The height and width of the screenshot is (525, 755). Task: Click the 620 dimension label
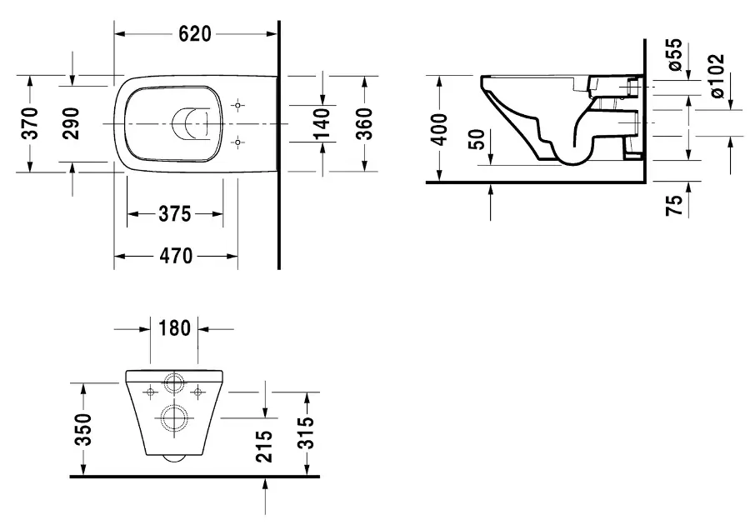(194, 33)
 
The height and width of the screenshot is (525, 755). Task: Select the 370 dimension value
(30, 124)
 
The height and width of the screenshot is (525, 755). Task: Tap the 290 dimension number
(72, 124)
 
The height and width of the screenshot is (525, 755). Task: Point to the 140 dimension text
(321, 124)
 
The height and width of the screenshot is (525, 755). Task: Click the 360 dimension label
(364, 124)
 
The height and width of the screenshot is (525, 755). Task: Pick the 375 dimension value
(175, 214)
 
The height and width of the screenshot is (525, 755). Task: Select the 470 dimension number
(176, 256)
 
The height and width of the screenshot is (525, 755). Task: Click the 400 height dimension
(439, 129)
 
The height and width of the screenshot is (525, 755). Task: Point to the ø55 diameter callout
(675, 54)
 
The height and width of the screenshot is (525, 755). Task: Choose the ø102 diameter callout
(716, 76)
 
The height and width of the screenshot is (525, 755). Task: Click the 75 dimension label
(674, 205)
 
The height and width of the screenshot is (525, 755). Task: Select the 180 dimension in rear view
(174, 328)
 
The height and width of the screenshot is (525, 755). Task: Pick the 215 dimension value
(264, 447)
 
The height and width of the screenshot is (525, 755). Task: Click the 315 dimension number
(305, 432)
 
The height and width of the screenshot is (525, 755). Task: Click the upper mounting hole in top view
(237, 105)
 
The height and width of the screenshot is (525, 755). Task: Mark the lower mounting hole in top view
(237, 142)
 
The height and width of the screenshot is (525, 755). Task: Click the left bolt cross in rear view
(151, 392)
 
